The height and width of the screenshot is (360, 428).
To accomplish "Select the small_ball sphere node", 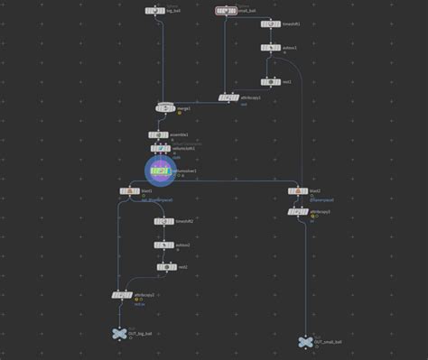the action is pyautogui.click(x=226, y=11).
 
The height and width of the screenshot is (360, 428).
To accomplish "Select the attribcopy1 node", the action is pyautogui.click(x=229, y=97).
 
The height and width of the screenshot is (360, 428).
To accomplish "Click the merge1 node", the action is pyautogui.click(x=165, y=108).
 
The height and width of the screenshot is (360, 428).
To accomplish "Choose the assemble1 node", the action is pyautogui.click(x=159, y=134).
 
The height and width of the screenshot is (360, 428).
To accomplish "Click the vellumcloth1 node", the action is pyautogui.click(x=159, y=149).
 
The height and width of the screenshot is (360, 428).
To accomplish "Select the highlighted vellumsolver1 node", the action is pyautogui.click(x=160, y=171).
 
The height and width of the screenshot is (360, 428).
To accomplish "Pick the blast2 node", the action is pyautogui.click(x=298, y=191).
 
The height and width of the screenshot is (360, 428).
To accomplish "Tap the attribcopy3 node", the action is pyautogui.click(x=298, y=212).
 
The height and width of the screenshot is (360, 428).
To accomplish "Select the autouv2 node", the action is pyautogui.click(x=164, y=245).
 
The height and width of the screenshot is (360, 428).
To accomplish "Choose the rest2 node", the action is pyautogui.click(x=164, y=267).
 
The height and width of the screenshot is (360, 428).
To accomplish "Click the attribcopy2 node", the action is pyautogui.click(x=121, y=294).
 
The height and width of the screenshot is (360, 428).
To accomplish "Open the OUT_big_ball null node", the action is pyautogui.click(x=119, y=334).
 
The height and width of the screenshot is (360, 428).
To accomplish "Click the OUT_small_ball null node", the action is pyautogui.click(x=305, y=342).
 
